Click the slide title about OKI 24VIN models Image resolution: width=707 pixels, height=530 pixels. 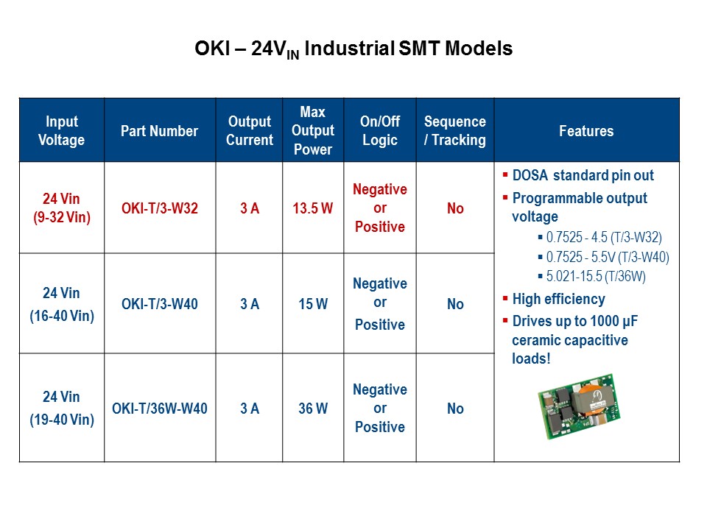[x=353, y=49]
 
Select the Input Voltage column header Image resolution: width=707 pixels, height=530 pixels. [x=62, y=131]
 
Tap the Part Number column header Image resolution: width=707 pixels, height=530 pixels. [x=159, y=131]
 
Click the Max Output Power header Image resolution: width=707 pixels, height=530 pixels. [x=312, y=131]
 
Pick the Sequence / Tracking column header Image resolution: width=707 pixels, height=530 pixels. [x=455, y=131]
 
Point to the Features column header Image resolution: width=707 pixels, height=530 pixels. [x=586, y=131]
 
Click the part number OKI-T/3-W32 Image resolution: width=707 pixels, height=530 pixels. [x=160, y=208]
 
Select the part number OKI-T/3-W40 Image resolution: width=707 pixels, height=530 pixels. [x=160, y=304]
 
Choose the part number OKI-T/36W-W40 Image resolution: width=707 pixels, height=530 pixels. [x=160, y=409]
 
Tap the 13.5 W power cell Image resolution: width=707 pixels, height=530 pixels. [x=312, y=208]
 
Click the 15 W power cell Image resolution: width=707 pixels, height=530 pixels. [x=312, y=304]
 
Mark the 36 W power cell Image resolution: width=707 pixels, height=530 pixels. [x=312, y=409]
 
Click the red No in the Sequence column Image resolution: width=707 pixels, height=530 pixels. [x=455, y=208]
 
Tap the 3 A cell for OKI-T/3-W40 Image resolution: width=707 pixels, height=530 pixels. [x=249, y=304]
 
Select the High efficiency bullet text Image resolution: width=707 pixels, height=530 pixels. [x=558, y=299]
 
